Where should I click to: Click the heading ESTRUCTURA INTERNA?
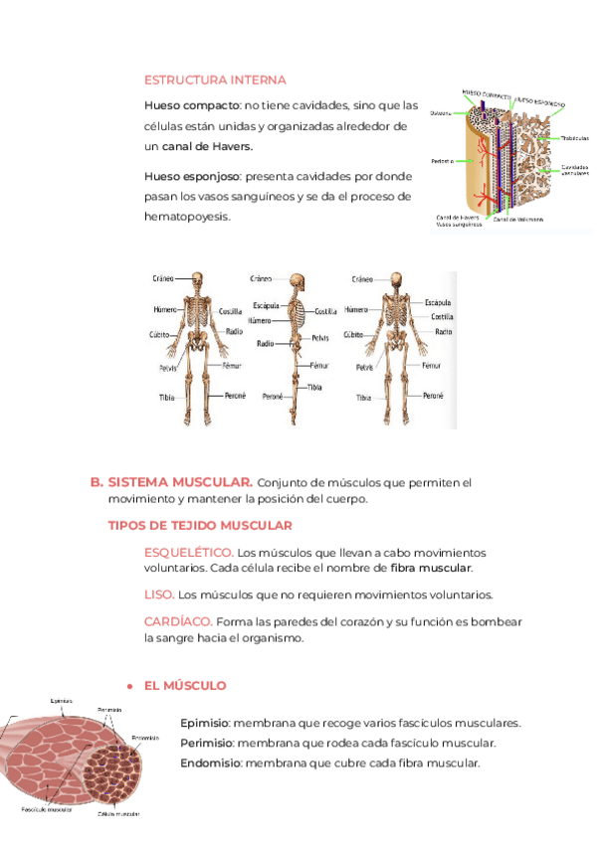coord(215,80)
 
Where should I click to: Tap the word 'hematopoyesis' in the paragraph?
coord(186,216)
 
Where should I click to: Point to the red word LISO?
coord(158,594)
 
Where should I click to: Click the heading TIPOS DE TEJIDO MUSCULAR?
coord(200,525)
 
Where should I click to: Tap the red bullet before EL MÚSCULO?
coord(129,687)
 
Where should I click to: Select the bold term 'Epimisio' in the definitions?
coord(205,724)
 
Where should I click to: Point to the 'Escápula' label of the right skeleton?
coord(438,301)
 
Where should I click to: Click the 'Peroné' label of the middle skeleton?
coord(274,396)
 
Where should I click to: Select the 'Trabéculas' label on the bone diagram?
coord(574,138)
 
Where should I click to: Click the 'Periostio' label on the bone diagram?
coord(442,160)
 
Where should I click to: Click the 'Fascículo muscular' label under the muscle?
coord(47,810)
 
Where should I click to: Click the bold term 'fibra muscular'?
coord(431,569)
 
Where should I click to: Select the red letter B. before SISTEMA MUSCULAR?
coord(97,482)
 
